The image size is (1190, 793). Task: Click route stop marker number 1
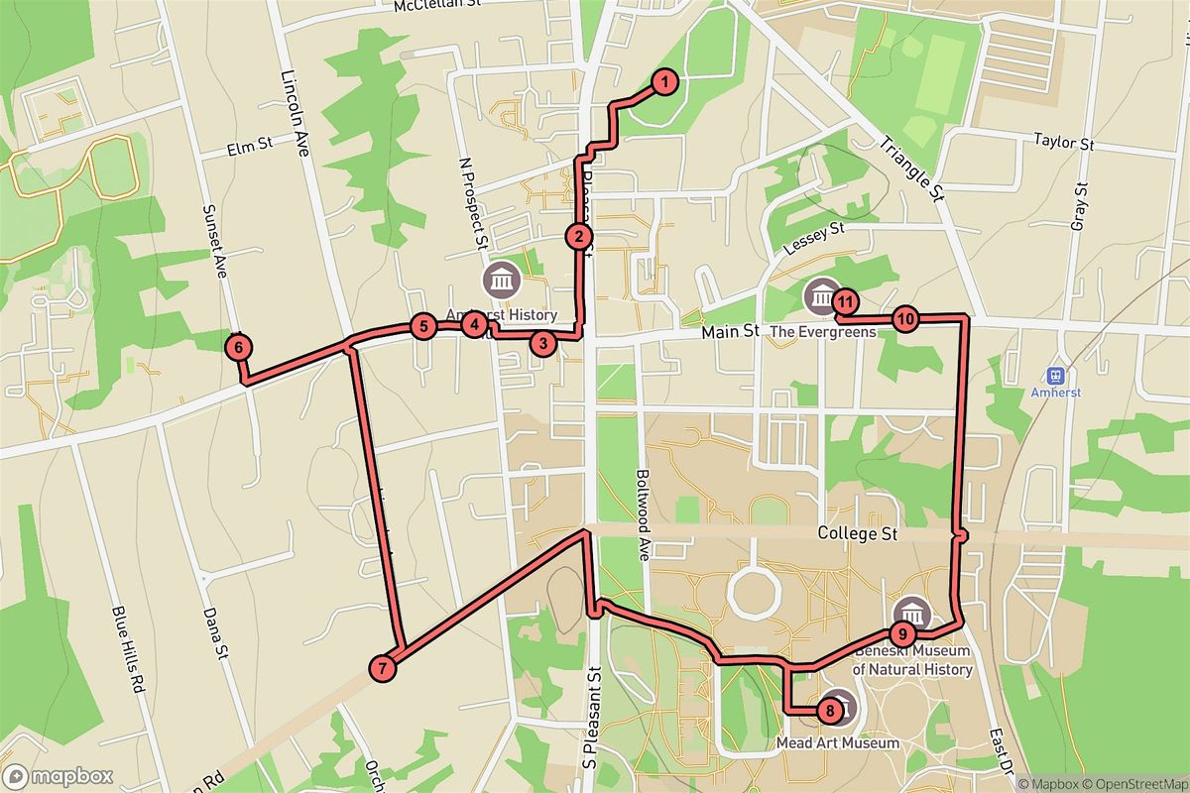(665, 82)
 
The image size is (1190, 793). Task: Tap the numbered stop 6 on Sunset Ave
(239, 348)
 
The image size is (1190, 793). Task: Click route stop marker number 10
(905, 319)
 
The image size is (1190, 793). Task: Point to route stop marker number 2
(578, 236)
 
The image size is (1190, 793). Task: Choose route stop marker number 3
(542, 344)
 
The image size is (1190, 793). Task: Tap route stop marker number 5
(422, 325)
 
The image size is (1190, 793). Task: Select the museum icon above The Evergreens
(822, 294)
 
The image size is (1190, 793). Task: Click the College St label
(857, 533)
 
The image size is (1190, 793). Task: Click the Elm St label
(249, 146)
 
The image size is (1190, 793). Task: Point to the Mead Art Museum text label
(839, 742)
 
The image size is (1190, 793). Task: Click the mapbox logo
(58, 776)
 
